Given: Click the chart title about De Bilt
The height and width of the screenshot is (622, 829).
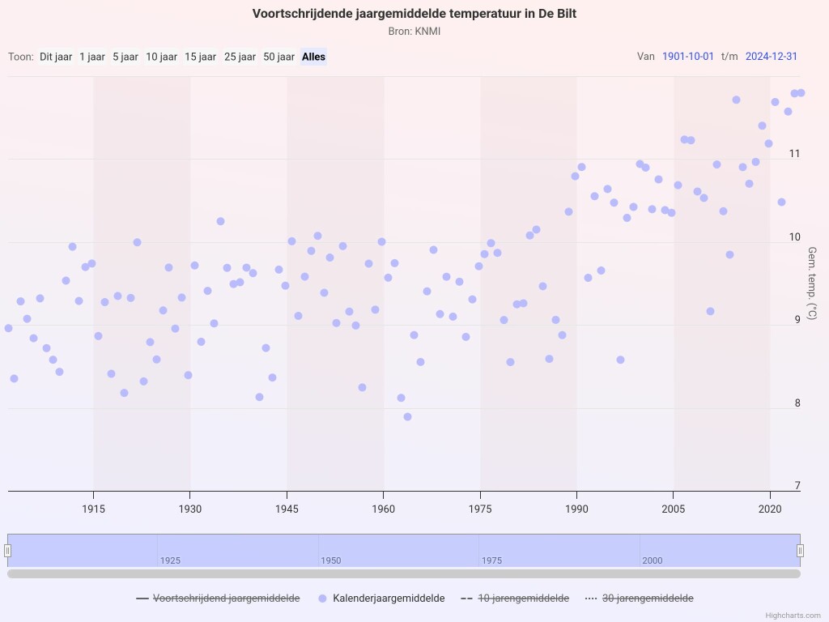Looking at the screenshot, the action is click(x=414, y=14).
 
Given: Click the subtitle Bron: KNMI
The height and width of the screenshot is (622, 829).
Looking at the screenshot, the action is click(x=414, y=32).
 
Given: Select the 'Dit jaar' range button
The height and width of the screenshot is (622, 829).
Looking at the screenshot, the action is click(x=56, y=57).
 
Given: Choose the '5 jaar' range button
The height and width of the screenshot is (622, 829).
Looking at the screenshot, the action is click(x=125, y=57).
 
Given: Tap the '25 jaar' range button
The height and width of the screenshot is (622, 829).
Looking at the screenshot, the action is click(x=240, y=57).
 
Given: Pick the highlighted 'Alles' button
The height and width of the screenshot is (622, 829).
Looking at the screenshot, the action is click(x=313, y=57).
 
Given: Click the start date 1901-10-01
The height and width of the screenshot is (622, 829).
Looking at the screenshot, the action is click(x=688, y=57).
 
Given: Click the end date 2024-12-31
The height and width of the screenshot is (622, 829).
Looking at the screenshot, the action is click(x=772, y=57).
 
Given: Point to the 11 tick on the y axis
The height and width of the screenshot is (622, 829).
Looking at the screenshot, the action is click(x=795, y=154).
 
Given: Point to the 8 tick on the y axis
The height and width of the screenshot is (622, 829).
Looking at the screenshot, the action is click(x=797, y=403).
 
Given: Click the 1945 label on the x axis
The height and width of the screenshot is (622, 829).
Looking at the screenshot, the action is click(x=287, y=509).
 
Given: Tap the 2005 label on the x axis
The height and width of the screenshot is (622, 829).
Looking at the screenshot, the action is click(x=673, y=509).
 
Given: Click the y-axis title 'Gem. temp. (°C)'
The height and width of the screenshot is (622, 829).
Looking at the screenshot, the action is click(x=812, y=283).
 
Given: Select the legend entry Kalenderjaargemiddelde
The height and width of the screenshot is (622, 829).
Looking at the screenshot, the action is click(x=382, y=599).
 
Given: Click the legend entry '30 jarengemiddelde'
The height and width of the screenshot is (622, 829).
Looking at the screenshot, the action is click(x=640, y=599).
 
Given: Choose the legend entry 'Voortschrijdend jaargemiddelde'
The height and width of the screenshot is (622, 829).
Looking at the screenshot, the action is click(x=219, y=599).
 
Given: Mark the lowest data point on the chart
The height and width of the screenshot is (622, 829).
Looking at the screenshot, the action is click(x=408, y=417).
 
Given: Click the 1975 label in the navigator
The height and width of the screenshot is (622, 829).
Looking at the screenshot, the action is click(x=491, y=560).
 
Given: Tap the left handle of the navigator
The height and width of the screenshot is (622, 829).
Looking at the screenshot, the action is click(x=8, y=551).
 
